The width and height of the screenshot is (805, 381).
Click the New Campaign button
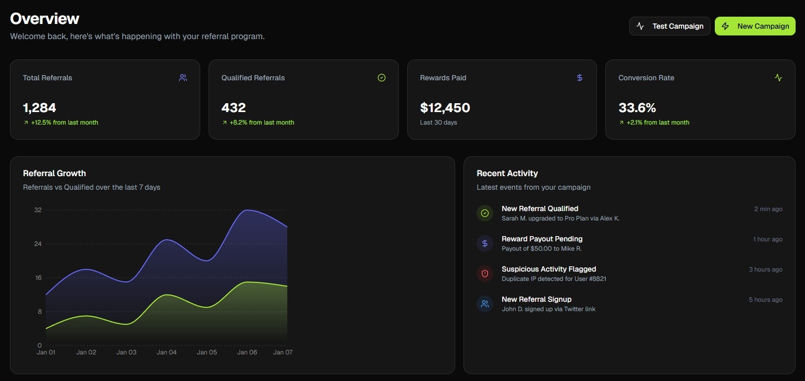coord(755,26)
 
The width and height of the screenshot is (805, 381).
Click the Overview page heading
coord(45,19)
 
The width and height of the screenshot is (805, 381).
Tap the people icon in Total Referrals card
coord(183,78)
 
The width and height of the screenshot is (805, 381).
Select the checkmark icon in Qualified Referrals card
coord(382,78)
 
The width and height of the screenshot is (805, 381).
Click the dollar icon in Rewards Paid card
coord(580,78)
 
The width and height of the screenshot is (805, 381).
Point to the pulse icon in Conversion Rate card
coord(778,78)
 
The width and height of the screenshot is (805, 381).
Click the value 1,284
coord(40,108)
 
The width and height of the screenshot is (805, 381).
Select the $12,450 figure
coord(445,108)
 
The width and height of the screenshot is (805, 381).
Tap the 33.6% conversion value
coord(637,108)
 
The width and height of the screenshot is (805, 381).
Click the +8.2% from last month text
coord(262,122)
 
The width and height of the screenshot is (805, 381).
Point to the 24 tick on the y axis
coord(38,244)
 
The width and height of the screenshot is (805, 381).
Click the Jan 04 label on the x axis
coord(166,352)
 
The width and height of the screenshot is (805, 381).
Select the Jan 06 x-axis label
coord(247,352)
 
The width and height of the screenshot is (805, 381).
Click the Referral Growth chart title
coord(54,173)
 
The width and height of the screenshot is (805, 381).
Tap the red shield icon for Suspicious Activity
coord(485,274)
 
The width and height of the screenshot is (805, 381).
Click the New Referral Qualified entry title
coord(540,208)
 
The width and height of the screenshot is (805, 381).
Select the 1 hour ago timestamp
coord(767,239)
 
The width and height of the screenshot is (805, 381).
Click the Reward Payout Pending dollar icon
coord(485,243)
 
